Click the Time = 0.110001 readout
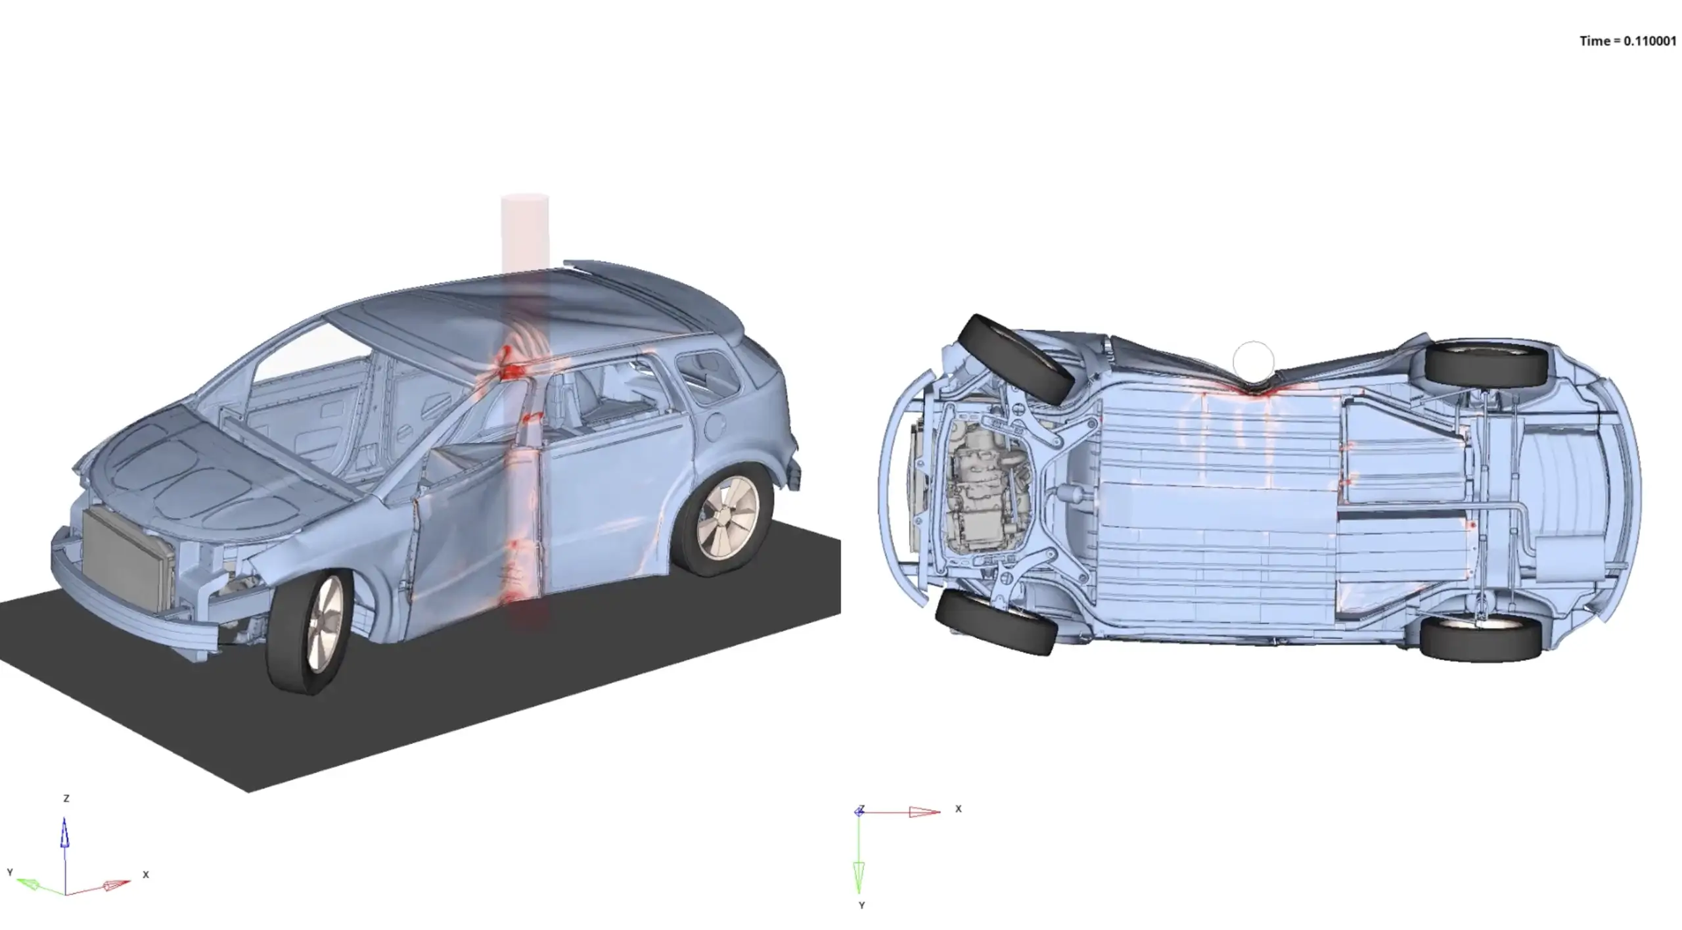(x=1628, y=41)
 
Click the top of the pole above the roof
(x=524, y=198)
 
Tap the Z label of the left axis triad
(x=66, y=799)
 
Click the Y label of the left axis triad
(x=10, y=872)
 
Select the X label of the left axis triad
(x=146, y=875)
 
